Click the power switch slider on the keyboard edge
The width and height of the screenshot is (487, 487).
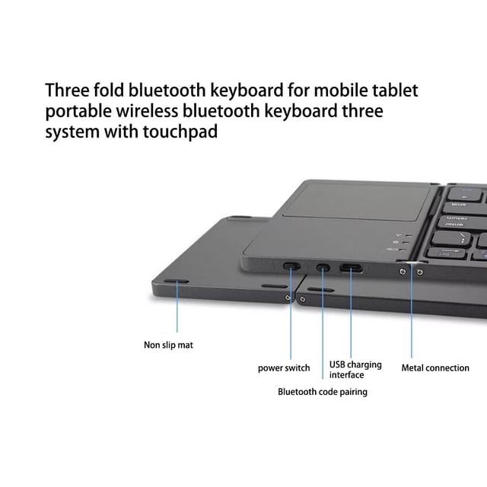(291, 266)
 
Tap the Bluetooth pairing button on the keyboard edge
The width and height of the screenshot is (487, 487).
(323, 267)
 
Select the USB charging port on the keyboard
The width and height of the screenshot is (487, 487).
(351, 267)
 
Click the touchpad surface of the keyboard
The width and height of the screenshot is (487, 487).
(357, 202)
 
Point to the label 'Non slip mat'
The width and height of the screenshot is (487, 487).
(168, 345)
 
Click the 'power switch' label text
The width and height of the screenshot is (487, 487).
(284, 368)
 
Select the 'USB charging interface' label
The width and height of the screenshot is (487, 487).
(355, 370)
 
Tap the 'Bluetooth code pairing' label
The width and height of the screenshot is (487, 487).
(323, 392)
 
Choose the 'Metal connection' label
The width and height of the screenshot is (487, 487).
(435, 368)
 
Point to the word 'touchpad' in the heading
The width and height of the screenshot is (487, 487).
(180, 132)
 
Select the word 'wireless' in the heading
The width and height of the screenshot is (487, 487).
(147, 111)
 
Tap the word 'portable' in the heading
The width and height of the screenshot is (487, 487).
(78, 111)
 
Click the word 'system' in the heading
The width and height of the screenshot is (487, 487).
(72, 132)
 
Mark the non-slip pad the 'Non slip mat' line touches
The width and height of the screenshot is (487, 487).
(176, 281)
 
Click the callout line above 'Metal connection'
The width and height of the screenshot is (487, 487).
(412, 310)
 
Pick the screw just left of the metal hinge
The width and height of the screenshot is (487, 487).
(403, 272)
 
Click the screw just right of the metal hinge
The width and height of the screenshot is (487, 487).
(420, 272)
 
